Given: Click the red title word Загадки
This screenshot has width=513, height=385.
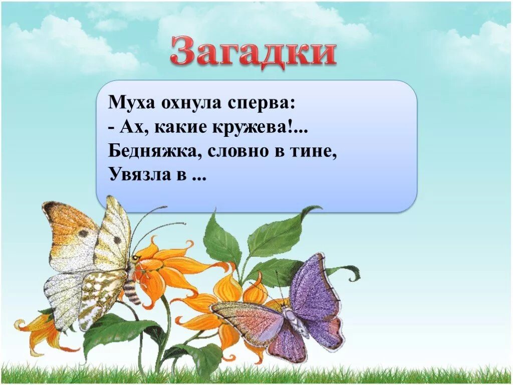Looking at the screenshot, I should [x=253, y=51].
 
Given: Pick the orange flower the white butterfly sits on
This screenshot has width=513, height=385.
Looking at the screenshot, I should [x=165, y=268].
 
